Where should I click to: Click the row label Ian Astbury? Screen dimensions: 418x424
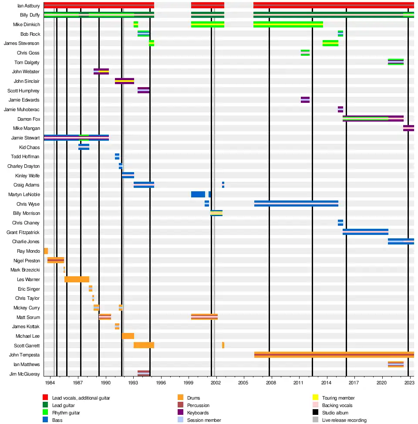point(28,6)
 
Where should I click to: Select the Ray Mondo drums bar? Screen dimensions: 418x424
point(46,251)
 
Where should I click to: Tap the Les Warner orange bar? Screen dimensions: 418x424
point(77,279)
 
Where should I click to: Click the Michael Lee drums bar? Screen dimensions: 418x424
point(128,336)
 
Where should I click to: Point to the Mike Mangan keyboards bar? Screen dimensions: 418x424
point(408,128)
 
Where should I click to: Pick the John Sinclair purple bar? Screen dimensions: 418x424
point(124,81)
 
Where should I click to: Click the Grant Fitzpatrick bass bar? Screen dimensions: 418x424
point(365,232)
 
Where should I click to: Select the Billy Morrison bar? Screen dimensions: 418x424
point(216,213)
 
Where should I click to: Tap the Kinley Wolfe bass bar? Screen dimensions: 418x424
point(128,175)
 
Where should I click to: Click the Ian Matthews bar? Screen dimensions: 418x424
point(395,364)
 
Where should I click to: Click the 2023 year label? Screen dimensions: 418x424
point(409,383)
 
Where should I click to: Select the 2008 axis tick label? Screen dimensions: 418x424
point(271,383)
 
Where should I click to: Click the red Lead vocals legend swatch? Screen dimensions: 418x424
point(45,397)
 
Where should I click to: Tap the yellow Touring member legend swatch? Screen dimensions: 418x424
point(315,397)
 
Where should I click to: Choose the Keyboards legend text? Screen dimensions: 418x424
point(198,413)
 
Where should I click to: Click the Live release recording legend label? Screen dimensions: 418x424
point(344,420)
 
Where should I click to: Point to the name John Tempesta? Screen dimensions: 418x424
point(24,355)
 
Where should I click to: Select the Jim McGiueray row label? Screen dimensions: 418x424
point(24,374)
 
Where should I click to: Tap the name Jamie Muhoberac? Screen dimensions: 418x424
point(22,109)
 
